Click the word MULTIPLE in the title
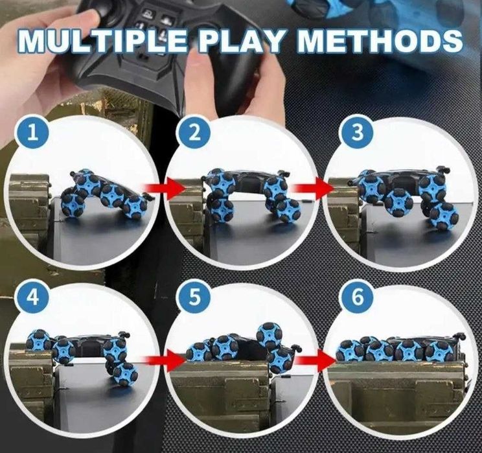pos(102,41)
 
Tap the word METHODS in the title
pos(380,40)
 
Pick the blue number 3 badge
pos(358,133)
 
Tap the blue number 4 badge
pos(33,297)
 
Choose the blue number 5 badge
pos(194,297)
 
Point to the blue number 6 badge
pos(358,297)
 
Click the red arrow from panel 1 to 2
pos(164,188)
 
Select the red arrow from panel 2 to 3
pos(314,188)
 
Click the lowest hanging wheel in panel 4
pos(125,375)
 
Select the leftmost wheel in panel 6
pos(350,351)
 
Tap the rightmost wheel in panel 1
pos(135,207)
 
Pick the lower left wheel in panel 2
pos(223,210)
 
